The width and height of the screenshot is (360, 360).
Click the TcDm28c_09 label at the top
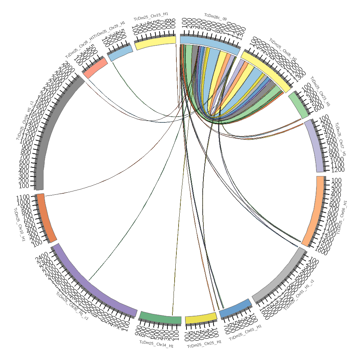point(216,15)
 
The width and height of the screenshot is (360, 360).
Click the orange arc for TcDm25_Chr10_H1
point(46,218)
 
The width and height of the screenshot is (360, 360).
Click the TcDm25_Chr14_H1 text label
point(157,343)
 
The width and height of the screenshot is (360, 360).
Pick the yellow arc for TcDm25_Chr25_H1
point(201,318)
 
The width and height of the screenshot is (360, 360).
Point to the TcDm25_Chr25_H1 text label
point(204,344)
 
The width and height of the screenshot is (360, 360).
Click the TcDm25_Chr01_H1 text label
point(245,332)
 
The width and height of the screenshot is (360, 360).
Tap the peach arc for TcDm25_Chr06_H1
point(315,211)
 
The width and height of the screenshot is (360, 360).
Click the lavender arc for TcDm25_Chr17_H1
point(315,145)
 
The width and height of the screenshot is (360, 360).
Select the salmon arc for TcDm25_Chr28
point(95,68)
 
